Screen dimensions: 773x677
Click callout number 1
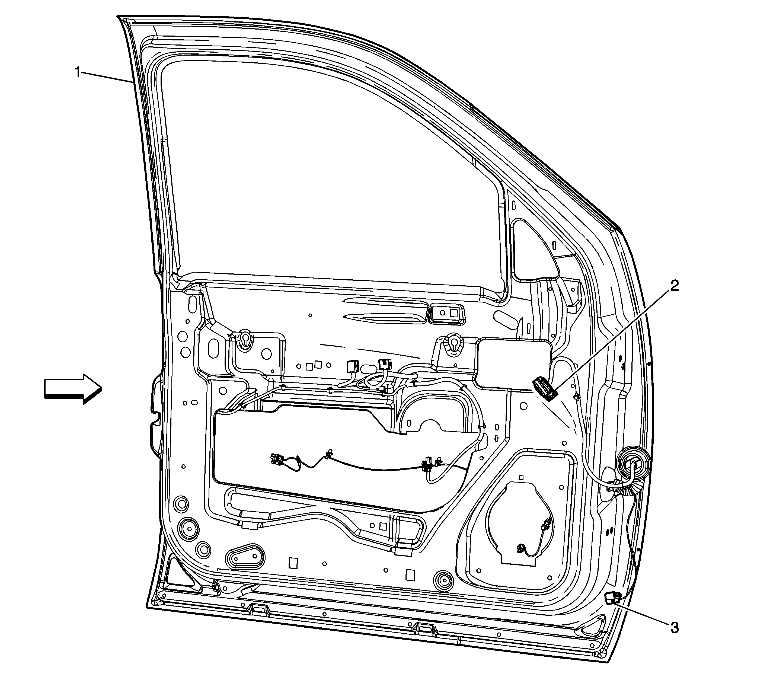click(x=78, y=72)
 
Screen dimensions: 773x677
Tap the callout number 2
click(x=675, y=286)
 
